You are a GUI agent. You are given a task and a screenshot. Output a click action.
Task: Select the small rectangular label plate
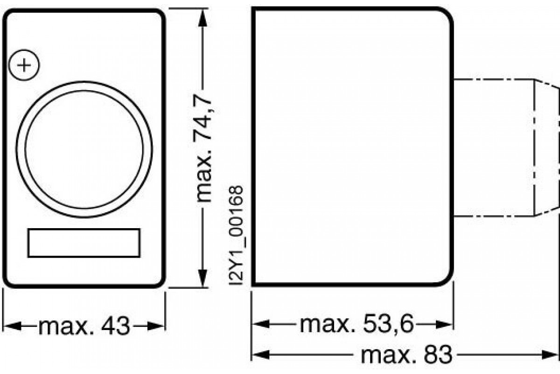pos(84,243)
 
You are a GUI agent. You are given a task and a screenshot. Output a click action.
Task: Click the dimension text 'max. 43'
pos(84,326)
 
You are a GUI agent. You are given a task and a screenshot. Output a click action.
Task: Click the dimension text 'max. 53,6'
pos(357,324)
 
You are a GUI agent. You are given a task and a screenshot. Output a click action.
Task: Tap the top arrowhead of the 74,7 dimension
pos(202,16)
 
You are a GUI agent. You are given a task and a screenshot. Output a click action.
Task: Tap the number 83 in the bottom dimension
pos(438,355)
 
